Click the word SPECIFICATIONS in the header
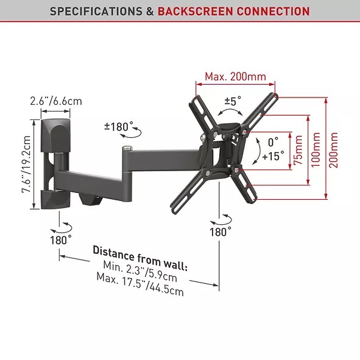point(96,11)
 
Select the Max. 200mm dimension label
point(235,77)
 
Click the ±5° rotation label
point(233,101)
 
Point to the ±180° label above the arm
point(119,127)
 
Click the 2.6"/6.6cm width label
point(56,101)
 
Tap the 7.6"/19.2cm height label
point(26,164)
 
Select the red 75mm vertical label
point(298,150)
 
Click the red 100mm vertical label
point(316,150)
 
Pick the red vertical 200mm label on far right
point(333,150)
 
